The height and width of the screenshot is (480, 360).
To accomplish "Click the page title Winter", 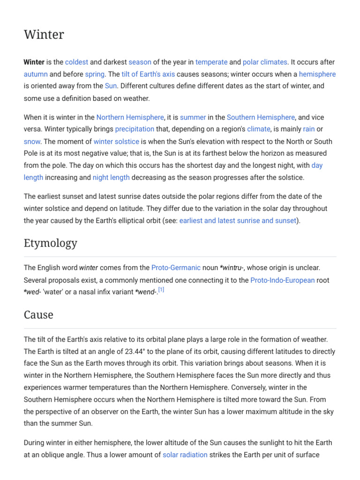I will click(44, 35).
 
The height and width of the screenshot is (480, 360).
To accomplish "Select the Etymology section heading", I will click(51, 243).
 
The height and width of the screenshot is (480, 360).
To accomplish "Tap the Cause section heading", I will click(38, 315).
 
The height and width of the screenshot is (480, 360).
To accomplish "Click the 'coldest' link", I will click(76, 62).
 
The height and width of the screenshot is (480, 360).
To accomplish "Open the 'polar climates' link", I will click(265, 62).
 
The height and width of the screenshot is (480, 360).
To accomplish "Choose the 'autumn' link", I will click(36, 74).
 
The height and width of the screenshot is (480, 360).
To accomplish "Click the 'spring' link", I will click(95, 74).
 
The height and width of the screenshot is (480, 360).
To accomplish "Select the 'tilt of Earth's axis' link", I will click(148, 74).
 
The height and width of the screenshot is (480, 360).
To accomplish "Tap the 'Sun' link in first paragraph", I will click(111, 86).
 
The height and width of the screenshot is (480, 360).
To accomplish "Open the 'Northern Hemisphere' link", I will click(130, 117).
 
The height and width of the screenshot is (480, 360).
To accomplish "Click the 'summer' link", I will click(193, 117).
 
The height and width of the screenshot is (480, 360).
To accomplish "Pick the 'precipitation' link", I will click(135, 129).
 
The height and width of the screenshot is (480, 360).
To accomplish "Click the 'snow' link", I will click(32, 141).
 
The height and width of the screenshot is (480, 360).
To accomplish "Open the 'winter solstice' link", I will click(116, 141).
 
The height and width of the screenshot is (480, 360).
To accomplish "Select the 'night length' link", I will click(111, 177).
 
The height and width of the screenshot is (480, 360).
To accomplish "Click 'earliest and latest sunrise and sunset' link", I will click(238, 220).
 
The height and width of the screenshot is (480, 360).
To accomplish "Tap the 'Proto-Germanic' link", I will click(176, 268).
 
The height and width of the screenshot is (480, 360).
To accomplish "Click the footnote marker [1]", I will click(161, 290).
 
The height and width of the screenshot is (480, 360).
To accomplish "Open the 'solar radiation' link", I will click(185, 455).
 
